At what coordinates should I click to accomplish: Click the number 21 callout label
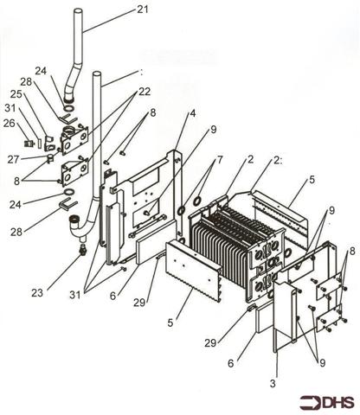click(143, 10)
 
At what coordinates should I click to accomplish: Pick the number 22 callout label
click(144, 92)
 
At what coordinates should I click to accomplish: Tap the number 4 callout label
click(193, 112)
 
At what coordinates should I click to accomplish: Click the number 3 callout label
click(274, 382)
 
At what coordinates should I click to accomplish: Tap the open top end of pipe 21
click(77, 12)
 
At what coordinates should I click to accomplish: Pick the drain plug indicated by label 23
click(83, 250)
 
